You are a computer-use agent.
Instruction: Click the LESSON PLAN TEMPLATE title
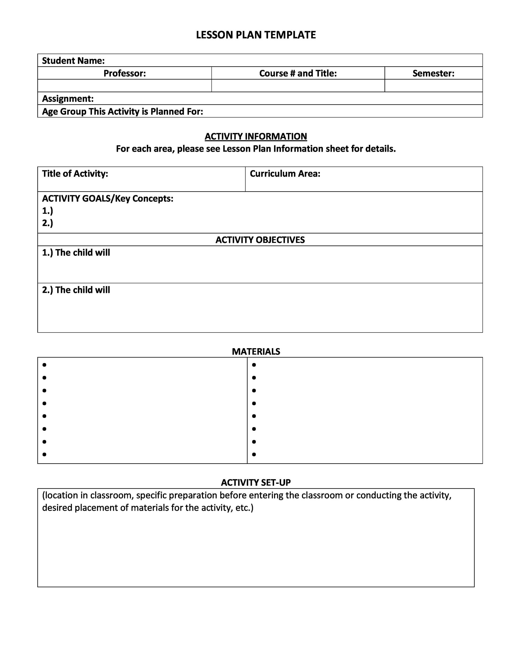point(256,35)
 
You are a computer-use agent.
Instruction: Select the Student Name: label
point(73,61)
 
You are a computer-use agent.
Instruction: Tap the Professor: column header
point(125,73)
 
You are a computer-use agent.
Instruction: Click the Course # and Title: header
point(298,73)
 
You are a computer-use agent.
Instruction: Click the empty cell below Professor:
point(125,86)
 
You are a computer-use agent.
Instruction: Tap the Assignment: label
point(68,99)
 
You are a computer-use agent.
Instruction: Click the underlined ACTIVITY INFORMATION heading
point(256,136)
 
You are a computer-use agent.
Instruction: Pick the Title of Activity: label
point(75,174)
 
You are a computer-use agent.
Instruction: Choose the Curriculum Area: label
point(285,174)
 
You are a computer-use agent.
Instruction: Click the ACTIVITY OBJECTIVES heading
point(260,240)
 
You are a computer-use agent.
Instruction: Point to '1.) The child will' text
point(76,252)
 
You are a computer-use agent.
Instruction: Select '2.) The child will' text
point(76,290)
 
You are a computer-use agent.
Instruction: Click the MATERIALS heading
point(256,352)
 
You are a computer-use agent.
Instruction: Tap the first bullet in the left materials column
point(44,365)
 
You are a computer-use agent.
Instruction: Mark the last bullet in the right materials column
point(254,455)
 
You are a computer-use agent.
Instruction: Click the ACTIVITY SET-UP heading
point(256,482)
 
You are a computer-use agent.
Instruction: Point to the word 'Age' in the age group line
point(50,112)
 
